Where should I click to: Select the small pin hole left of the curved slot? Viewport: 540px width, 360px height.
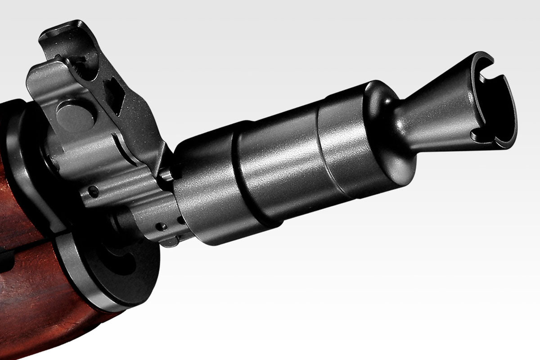coord(93,191)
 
